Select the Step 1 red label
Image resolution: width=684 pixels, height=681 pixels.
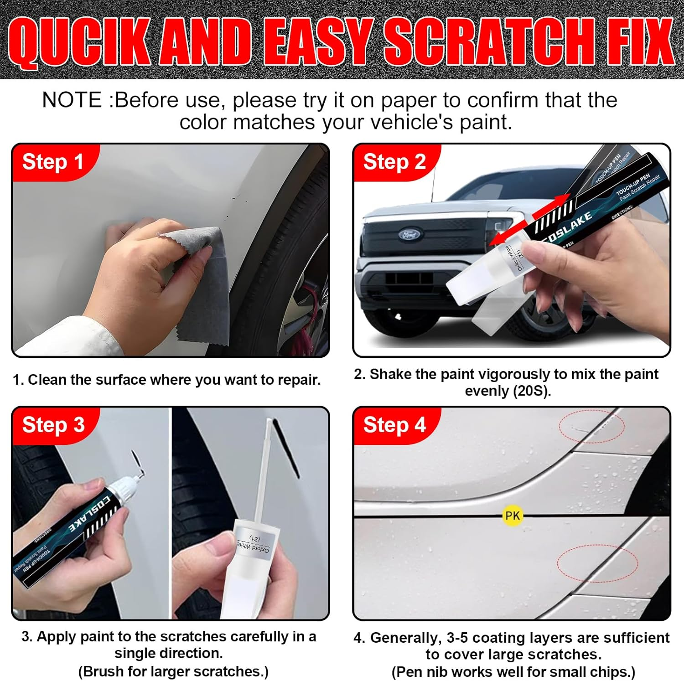click(53, 162)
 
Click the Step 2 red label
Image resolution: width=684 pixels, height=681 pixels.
click(394, 162)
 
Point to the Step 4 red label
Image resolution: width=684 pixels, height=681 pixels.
click(394, 425)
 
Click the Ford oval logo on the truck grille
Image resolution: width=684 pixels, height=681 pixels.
click(409, 235)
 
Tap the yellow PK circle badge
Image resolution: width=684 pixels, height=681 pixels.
click(512, 516)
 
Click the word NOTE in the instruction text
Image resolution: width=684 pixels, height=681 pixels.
click(72, 100)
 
